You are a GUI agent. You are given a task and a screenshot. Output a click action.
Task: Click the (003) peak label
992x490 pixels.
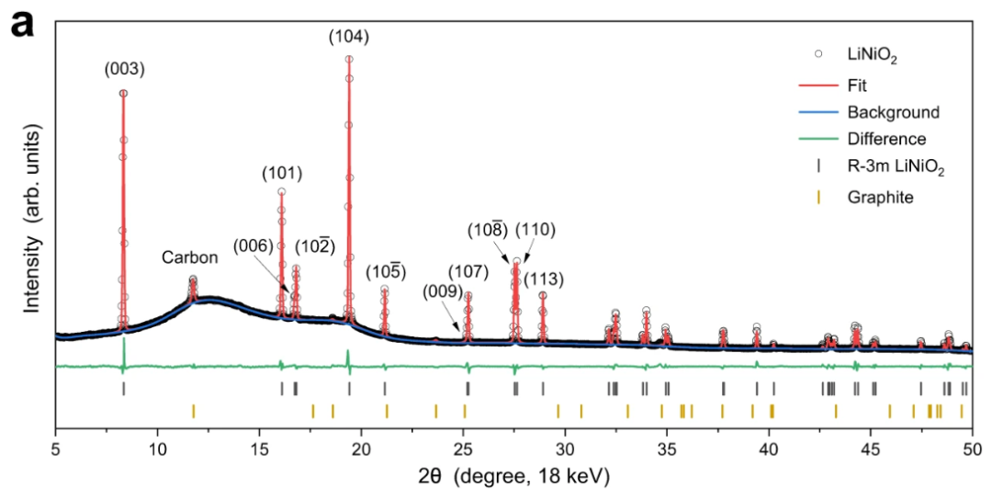(124, 68)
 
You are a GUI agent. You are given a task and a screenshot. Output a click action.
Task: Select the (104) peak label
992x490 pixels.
(349, 37)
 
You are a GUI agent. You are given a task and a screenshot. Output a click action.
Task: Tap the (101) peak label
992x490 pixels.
(282, 173)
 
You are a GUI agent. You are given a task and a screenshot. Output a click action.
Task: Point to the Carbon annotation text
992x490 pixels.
(190, 258)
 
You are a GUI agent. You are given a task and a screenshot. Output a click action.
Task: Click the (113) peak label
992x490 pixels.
(543, 278)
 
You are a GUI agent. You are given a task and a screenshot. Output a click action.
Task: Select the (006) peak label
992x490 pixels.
(253, 246)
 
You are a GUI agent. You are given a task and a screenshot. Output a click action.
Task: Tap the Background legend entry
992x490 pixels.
(893, 112)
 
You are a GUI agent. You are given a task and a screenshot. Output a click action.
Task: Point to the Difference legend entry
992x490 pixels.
(886, 140)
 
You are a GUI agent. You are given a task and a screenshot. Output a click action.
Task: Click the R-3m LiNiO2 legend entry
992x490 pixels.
(896, 168)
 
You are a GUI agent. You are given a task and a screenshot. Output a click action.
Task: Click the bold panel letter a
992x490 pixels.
(22, 22)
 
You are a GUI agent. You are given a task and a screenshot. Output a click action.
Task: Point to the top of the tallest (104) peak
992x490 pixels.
(349, 59)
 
